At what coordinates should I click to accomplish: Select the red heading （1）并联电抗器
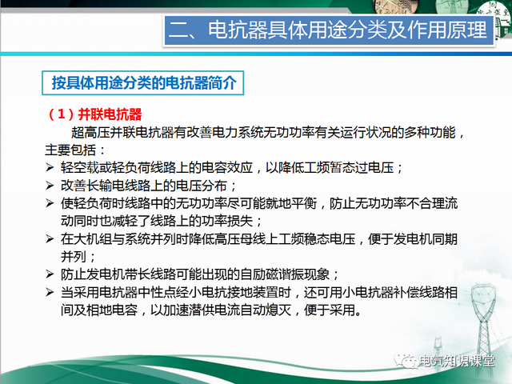[x=95, y=115]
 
